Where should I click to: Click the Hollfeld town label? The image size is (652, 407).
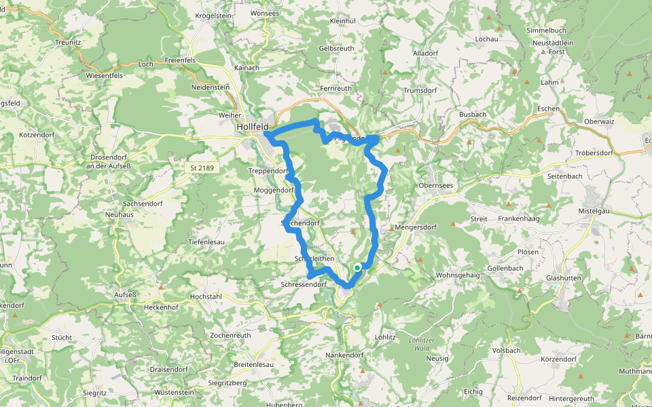coord(253,127)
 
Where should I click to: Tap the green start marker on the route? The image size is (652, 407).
coord(357,268)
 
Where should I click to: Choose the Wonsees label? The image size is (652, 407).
coord(264,13)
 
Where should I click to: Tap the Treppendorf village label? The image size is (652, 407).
coord(269,171)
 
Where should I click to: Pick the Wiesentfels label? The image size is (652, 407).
coord(104,75)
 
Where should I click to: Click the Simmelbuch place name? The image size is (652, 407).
coord(546,31)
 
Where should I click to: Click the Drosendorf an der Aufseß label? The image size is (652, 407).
coord(108,161)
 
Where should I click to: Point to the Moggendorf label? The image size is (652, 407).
coord(274,191)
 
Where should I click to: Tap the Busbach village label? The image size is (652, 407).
coord(473,115)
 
